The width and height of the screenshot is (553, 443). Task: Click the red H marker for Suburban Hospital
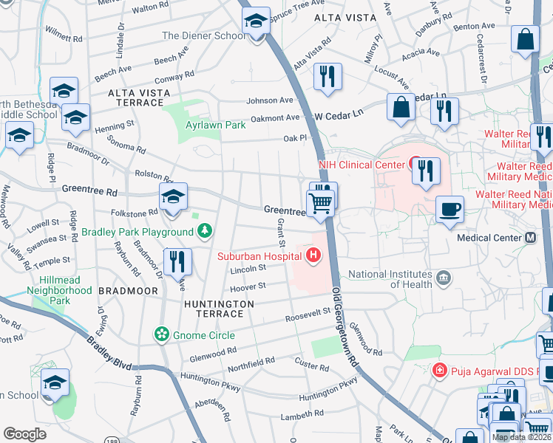[313, 256]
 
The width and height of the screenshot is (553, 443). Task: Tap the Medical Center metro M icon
[530, 238]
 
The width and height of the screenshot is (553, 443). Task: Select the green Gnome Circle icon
[161, 334]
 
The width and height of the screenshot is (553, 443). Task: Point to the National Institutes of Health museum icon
[443, 278]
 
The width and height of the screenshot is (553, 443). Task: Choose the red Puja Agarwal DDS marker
[439, 369]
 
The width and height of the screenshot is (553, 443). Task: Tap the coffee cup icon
[449, 210]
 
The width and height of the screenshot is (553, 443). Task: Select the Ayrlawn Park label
[215, 125]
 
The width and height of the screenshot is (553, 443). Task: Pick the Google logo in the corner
[24, 434]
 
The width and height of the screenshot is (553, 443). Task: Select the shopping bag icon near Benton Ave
[525, 40]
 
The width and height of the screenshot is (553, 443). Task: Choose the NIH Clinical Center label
[355, 164]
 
